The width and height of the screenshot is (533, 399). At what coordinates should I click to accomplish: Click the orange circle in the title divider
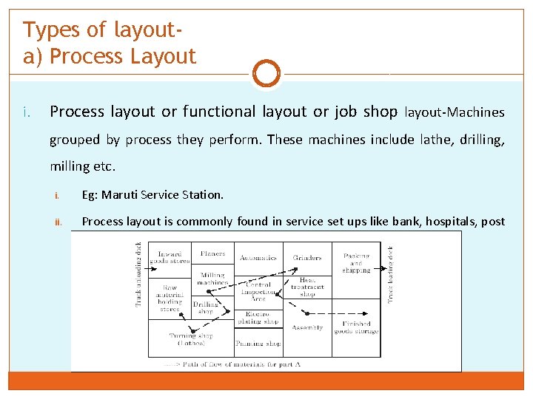point(266,74)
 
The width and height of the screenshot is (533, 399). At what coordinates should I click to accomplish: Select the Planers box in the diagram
point(212,254)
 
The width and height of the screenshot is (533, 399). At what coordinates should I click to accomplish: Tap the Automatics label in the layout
point(258,258)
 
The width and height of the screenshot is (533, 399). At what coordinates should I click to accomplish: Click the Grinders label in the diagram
point(307,258)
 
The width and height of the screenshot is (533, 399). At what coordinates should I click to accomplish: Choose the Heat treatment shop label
point(307,287)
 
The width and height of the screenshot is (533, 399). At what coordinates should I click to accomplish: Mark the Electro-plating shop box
point(258,318)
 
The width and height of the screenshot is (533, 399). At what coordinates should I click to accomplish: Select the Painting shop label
point(258,344)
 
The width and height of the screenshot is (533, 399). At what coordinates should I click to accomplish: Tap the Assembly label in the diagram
point(307,327)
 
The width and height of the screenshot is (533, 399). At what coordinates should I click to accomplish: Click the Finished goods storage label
point(356,328)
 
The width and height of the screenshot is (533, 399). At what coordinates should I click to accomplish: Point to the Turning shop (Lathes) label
point(191,339)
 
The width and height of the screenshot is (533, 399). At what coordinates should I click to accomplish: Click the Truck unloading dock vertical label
point(138,273)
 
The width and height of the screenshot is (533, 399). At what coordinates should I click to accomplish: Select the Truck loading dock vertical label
point(392,273)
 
